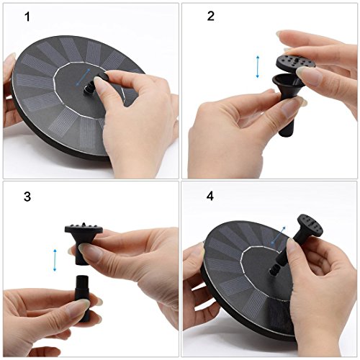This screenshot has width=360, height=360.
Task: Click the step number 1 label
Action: point(27,17)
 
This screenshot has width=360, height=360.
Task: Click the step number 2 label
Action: point(210,16)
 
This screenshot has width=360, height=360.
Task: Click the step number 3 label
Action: point(27,197)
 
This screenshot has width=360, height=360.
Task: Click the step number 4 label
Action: point(210,196)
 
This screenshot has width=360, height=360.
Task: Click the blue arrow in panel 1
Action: point(83,77)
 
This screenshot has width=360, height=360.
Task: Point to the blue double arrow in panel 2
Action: point(258,67)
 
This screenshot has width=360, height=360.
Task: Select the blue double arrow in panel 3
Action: point(55,260)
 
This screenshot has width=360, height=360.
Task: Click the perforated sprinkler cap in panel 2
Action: point(295,63)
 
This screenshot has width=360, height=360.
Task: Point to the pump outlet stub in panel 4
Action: point(274,271)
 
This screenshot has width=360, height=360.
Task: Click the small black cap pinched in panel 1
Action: point(102,77)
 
